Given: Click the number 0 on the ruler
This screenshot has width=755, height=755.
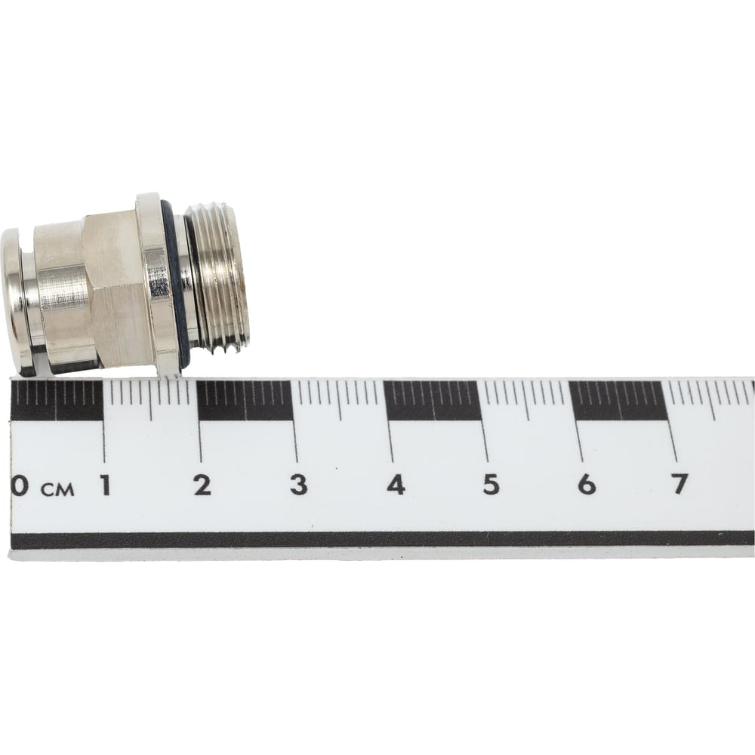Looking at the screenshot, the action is pos(19,485).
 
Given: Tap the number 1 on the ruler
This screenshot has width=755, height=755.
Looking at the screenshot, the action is pos(105,485).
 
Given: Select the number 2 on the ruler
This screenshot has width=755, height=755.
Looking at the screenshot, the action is pos(202,485).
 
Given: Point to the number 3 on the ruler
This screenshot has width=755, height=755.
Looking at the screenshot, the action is pos(298,485).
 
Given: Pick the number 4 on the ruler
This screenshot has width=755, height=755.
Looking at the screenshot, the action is pos(396,485).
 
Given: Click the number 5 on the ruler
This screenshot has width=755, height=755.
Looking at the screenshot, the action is pos(491,485).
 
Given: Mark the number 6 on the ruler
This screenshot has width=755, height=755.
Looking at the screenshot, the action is pos(587,484).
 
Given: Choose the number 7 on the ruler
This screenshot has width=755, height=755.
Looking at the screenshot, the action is pos(680,483).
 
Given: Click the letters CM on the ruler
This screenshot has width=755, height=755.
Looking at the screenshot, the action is pos(58,490).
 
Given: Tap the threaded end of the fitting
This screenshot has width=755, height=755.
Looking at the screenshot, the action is pos(217,279).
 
